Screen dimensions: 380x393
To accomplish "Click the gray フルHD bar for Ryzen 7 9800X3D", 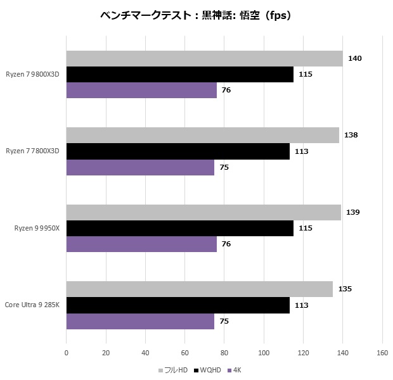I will [x=204, y=59].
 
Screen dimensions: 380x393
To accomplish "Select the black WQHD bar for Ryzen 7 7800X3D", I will [x=177, y=151].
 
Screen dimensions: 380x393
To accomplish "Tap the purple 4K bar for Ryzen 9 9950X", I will [x=141, y=244].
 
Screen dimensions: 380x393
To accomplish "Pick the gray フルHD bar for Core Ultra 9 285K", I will [x=199, y=289].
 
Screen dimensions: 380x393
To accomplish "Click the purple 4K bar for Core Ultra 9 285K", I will [x=140, y=321].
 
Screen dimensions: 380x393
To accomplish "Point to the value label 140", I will [x=355, y=59].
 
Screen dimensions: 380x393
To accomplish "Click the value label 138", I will [x=351, y=136].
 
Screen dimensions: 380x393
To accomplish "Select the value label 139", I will [x=353, y=212].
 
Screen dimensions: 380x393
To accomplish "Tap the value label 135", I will [x=345, y=289].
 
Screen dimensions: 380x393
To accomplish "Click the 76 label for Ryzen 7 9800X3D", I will [x=226, y=91].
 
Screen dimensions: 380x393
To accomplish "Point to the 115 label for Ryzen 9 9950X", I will [x=306, y=228].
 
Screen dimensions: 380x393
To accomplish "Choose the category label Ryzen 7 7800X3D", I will [x=32, y=151].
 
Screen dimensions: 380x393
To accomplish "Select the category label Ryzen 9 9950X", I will [x=37, y=229].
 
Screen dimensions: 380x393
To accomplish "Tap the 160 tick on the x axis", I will [x=382, y=353].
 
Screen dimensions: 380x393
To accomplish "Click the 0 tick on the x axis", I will [x=67, y=353].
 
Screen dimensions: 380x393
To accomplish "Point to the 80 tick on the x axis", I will [x=224, y=353].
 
